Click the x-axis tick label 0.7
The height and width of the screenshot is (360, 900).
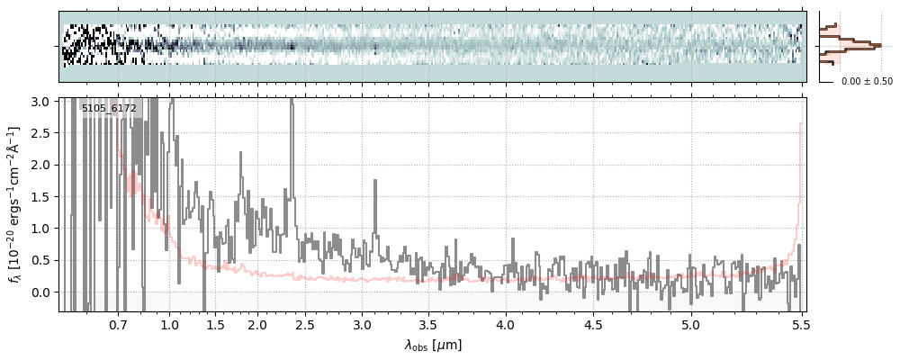pos(118,324)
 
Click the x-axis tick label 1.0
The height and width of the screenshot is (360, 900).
pos(169,324)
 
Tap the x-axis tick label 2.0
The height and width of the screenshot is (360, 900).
pos(257,324)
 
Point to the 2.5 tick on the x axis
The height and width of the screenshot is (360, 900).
pos(305,324)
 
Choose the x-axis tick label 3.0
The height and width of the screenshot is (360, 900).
pos(362,324)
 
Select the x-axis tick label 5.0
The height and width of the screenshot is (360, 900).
pos(690,324)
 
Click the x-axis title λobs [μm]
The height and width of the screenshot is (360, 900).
pos(433,344)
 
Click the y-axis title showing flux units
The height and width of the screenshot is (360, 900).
pos(16,204)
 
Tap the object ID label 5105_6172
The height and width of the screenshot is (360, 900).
pos(109,109)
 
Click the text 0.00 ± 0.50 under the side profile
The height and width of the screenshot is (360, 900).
pos(867,82)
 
